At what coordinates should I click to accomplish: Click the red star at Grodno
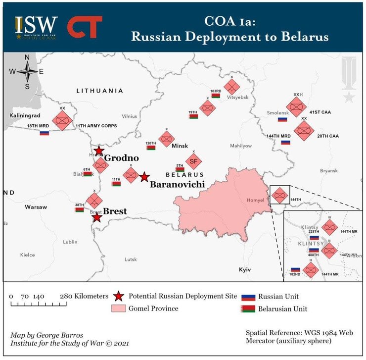99,151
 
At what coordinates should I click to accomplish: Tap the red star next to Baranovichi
144,177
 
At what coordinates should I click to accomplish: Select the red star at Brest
97,217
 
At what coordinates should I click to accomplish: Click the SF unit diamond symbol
193,161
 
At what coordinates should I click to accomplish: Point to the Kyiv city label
245,269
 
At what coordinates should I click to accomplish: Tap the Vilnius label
129,116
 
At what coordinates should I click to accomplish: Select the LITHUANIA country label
99,91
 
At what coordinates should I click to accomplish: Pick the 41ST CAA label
320,112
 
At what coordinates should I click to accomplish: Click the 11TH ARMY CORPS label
96,126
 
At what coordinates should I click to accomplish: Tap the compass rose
27,72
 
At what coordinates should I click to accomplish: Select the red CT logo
85,27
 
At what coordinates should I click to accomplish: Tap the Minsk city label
180,146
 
